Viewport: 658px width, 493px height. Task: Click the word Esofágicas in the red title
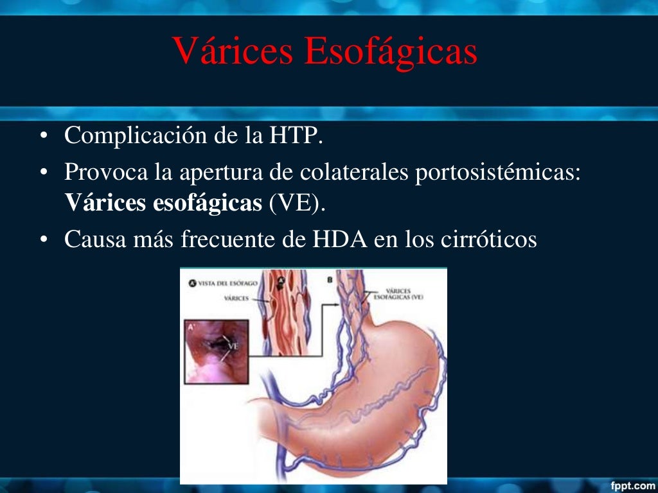click(391, 52)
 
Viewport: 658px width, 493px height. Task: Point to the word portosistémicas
click(498, 173)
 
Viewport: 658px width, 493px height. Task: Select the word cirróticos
click(488, 239)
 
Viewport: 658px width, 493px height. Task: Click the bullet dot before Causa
click(44, 240)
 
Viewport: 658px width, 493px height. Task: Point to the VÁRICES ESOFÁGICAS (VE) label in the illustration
click(399, 294)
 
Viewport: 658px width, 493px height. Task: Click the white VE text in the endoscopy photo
click(232, 347)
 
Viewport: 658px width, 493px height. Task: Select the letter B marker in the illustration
click(329, 280)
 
